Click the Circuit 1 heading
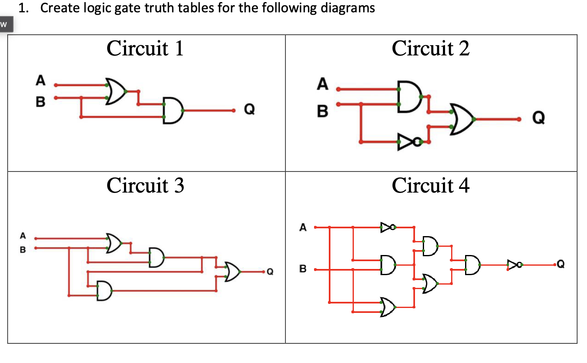[145, 48]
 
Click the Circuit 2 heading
[430, 48]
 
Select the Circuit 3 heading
[145, 185]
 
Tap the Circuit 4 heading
[430, 185]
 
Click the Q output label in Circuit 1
[249, 109]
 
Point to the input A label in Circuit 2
[322, 84]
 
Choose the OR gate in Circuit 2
[462, 119]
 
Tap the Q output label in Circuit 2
[538, 118]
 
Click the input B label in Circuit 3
[23, 250]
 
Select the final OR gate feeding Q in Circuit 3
[232, 271]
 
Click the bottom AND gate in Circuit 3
[104, 291]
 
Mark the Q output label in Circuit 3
[270, 272]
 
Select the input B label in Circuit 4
[303, 269]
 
